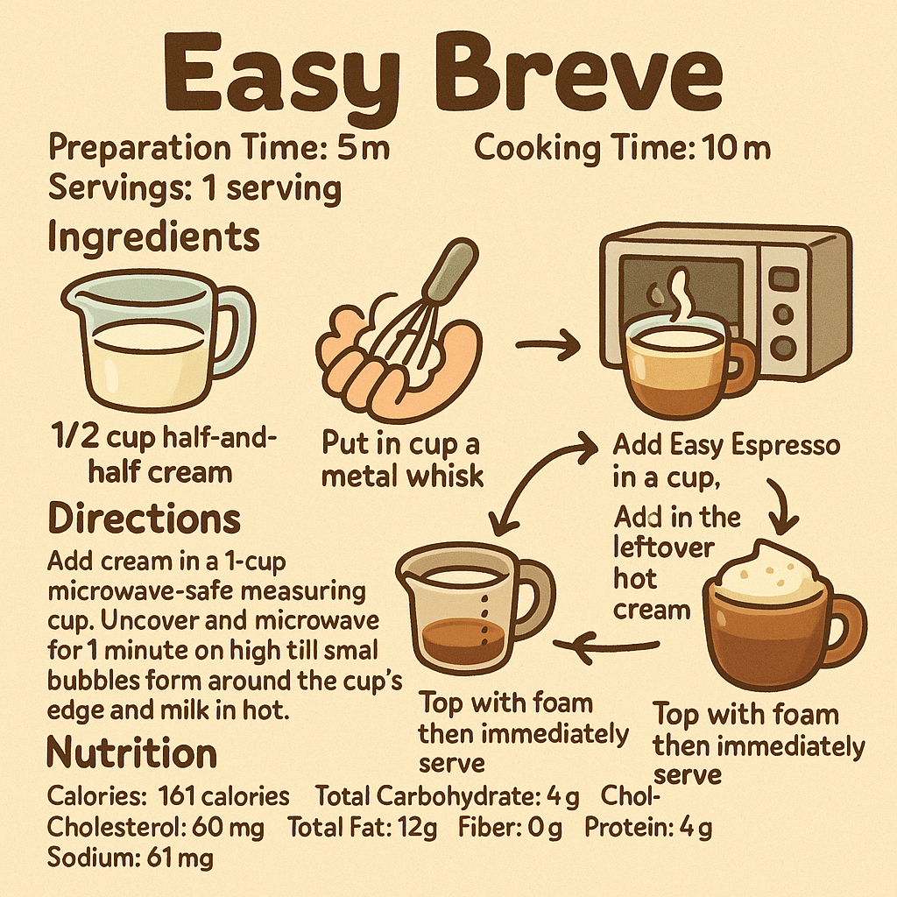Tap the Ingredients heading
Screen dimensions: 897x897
point(153,237)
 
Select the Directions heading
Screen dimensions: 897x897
point(144,519)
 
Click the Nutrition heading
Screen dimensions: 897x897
point(131,753)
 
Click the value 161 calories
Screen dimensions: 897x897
point(223,796)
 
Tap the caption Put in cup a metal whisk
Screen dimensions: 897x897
point(403,459)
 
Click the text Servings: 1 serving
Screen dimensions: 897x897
point(194,187)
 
